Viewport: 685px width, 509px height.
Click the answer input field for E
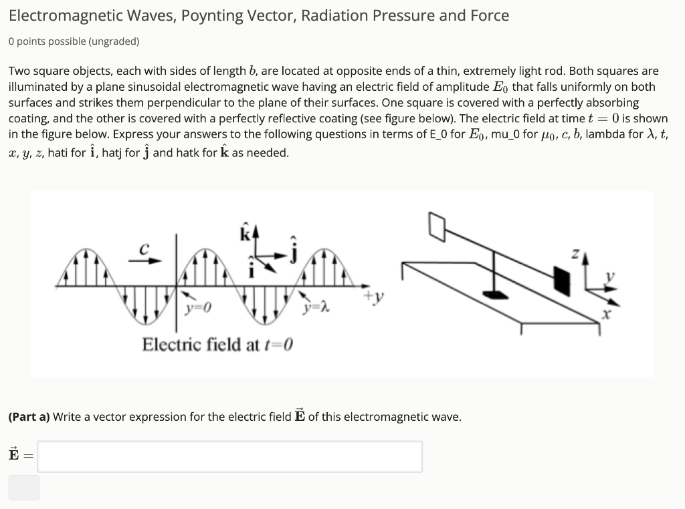click(229, 456)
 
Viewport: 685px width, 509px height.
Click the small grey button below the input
click(24, 488)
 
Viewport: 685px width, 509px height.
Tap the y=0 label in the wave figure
click(199, 309)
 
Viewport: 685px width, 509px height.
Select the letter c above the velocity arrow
click(143, 248)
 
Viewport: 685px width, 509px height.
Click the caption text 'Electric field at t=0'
click(218, 345)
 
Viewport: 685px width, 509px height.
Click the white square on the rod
click(437, 227)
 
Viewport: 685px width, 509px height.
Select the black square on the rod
click(561, 281)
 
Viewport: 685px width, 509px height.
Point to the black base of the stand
click(496, 294)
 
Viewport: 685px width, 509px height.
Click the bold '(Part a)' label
click(29, 417)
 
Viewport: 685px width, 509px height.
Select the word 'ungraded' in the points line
click(112, 41)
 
